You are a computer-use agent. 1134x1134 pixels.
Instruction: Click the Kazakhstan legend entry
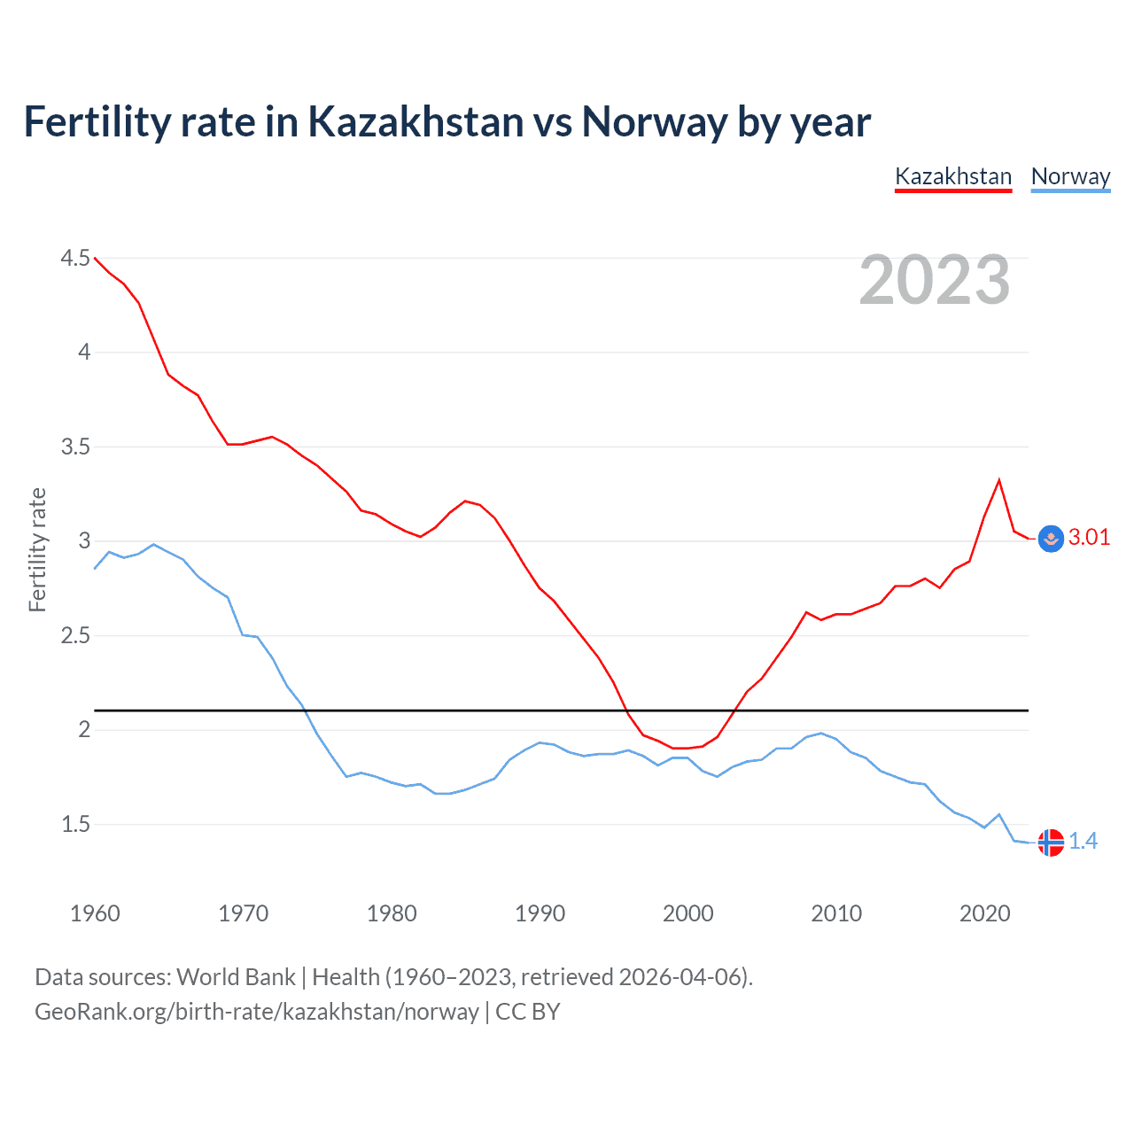point(953,176)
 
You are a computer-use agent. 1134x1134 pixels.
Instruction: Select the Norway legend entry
point(1070,176)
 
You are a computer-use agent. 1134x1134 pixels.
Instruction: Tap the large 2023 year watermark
point(935,280)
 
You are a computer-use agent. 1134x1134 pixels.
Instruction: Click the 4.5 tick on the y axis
point(75,258)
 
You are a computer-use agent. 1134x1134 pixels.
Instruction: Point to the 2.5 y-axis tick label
point(75,635)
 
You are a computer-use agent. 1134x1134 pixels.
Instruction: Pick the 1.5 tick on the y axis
point(75,824)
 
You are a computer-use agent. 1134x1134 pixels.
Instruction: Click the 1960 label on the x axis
point(95,913)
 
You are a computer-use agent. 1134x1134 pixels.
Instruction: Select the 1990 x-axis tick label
point(540,913)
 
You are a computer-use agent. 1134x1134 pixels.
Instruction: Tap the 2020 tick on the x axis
point(984,913)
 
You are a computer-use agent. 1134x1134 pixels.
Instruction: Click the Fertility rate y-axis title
point(37,549)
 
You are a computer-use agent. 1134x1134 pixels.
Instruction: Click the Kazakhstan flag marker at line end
point(1051,539)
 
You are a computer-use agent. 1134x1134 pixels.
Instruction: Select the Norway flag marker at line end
point(1051,843)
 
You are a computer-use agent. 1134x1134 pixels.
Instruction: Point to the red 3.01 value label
point(1089,538)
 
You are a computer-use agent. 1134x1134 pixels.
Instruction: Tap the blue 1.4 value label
point(1083,842)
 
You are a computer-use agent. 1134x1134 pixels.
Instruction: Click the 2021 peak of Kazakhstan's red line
point(999,480)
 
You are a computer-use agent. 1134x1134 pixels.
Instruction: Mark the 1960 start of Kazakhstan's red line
point(95,258)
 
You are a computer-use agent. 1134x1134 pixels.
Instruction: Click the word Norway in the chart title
point(654,121)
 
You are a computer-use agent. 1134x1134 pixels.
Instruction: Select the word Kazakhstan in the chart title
point(416,121)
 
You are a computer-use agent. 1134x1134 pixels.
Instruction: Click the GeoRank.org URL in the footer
point(256,1012)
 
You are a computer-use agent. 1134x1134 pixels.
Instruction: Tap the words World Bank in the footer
point(236,977)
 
